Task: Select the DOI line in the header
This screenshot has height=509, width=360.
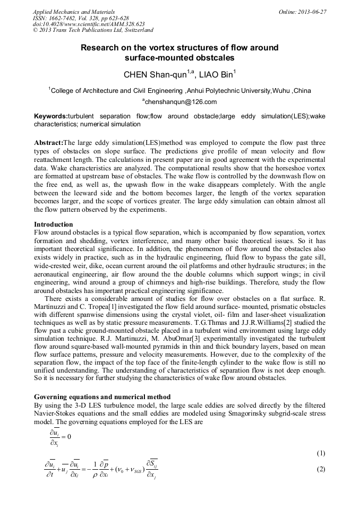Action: (81, 24)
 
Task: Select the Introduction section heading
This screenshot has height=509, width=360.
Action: (54, 225)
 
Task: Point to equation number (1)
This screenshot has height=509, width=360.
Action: (320, 453)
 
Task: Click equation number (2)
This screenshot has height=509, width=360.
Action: (320, 469)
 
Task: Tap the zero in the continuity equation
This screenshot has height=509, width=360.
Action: (68, 436)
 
